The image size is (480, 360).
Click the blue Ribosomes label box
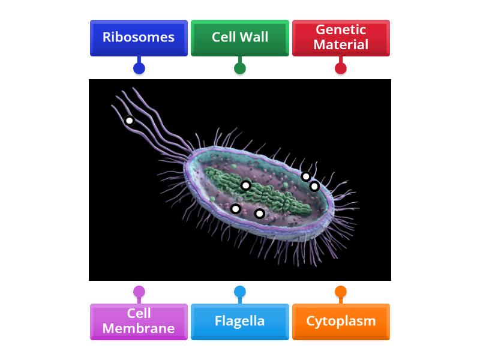(139, 38)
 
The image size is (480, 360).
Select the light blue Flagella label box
(239, 322)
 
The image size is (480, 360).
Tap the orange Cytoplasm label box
(341, 322)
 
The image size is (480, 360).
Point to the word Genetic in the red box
(341, 30)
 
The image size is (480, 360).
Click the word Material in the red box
(341, 44)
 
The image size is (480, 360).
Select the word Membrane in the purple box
(139, 328)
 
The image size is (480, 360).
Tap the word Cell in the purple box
(139, 313)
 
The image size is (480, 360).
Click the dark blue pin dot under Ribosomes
(139, 68)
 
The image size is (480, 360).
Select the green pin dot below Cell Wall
(239, 68)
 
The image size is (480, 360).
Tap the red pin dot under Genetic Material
(341, 68)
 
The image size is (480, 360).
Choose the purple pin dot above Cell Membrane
(139, 292)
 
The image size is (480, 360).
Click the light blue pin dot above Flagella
(239, 292)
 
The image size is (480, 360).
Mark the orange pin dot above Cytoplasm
(341, 292)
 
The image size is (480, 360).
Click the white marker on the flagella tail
(129, 121)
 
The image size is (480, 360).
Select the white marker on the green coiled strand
(245, 185)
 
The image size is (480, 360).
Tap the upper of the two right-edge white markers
(306, 176)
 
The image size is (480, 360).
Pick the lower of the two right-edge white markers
(314, 187)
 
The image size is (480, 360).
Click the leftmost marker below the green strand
(236, 209)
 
